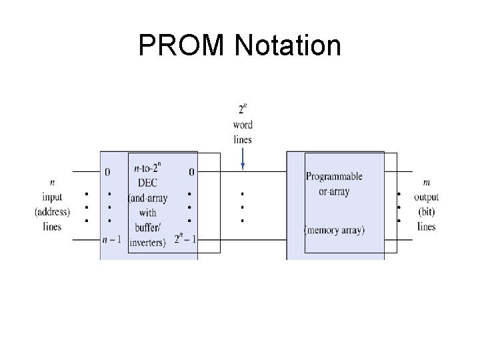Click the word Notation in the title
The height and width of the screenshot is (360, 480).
tap(288, 46)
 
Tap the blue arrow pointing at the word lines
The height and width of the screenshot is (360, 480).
tap(243, 158)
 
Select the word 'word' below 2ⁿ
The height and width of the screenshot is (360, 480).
tap(243, 125)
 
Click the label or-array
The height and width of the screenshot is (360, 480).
tap(334, 191)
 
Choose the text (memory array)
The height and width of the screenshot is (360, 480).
tap(334, 231)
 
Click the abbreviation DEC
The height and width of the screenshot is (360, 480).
tap(147, 184)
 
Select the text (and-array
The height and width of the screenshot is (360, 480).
tap(147, 199)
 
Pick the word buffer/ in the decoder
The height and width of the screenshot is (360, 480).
tap(147, 228)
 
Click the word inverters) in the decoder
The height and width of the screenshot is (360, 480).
tap(147, 242)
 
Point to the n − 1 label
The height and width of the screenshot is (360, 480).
tap(111, 239)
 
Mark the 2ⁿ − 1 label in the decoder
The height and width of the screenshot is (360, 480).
tap(185, 239)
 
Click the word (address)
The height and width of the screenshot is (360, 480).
tap(52, 212)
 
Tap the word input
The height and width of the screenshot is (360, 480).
tap(52, 197)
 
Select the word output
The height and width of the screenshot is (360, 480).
tap(426, 197)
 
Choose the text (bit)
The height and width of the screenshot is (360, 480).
tap(426, 212)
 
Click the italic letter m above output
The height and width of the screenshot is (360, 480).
tap(426, 182)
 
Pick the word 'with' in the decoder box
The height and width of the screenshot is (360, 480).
tap(147, 213)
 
